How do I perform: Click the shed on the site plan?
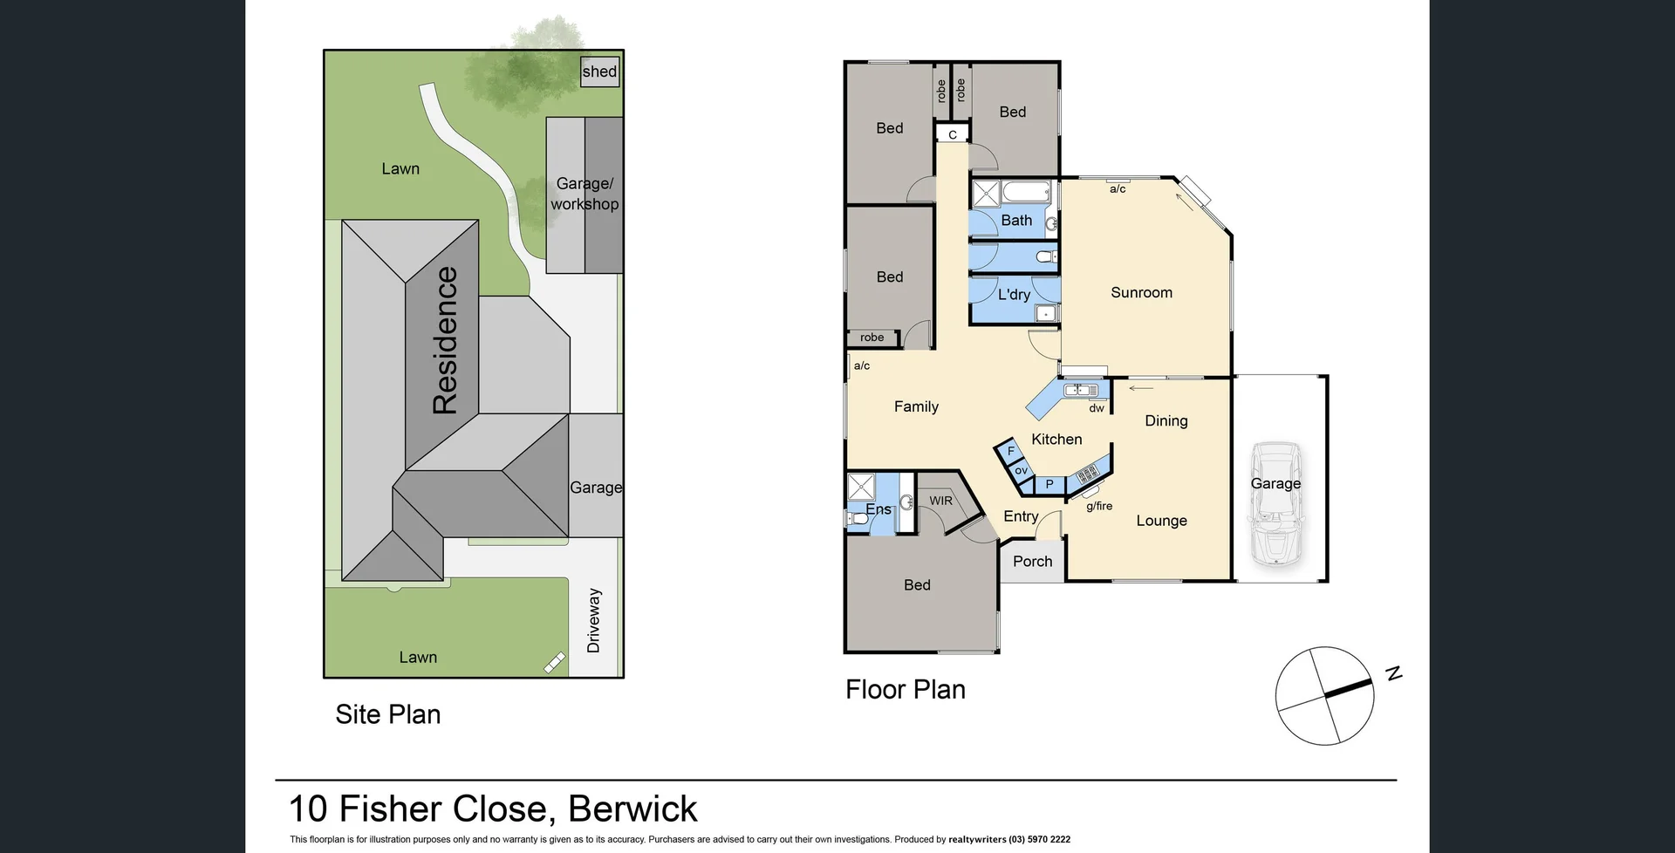click(599, 72)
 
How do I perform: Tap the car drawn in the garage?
click(1275, 507)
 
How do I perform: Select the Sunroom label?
click(1141, 293)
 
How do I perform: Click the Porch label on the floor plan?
click(1033, 562)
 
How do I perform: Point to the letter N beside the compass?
click(1394, 673)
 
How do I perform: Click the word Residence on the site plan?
click(445, 340)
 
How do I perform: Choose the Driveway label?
click(594, 620)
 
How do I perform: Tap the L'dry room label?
click(1014, 295)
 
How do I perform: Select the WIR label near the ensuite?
click(940, 501)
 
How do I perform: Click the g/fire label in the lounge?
click(1099, 506)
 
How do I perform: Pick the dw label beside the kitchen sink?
click(1097, 408)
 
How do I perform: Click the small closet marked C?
click(953, 134)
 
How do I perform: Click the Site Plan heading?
click(388, 714)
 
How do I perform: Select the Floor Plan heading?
click(906, 690)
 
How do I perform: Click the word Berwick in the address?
click(632, 809)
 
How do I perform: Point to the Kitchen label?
click(1056, 440)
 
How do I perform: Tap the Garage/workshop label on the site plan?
click(585, 194)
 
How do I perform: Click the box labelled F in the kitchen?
click(1010, 451)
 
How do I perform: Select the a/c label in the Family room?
click(862, 366)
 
